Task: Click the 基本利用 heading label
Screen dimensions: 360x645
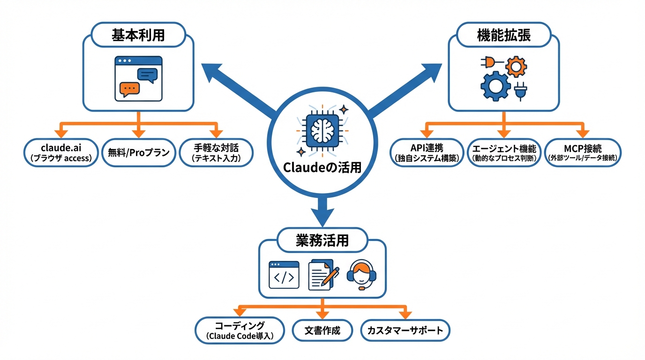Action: pyautogui.click(x=138, y=36)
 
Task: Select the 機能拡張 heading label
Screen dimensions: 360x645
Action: pyautogui.click(x=504, y=36)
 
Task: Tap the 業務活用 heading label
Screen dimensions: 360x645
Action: pyautogui.click(x=322, y=241)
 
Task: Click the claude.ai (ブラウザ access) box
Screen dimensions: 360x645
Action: pyautogui.click(x=61, y=152)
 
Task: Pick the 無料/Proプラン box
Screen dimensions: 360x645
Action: pyautogui.click(x=139, y=152)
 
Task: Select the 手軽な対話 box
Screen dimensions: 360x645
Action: pyautogui.click(x=216, y=152)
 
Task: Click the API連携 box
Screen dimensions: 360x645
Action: pyautogui.click(x=427, y=152)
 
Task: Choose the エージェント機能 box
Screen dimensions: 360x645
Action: pyautogui.click(x=504, y=152)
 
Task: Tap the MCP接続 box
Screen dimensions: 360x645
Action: pyautogui.click(x=584, y=152)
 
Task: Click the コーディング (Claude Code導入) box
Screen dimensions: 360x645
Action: pyautogui.click(x=240, y=330)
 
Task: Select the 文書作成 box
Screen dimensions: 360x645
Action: pyautogui.click(x=322, y=330)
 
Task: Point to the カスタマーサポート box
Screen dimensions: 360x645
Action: pyautogui.click(x=405, y=330)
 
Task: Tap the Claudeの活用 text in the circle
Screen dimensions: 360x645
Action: pyautogui.click(x=322, y=167)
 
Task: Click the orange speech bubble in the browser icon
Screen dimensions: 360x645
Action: pyautogui.click(x=129, y=89)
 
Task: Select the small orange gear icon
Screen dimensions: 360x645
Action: pyautogui.click(x=516, y=67)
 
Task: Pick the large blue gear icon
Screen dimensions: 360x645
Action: pyautogui.click(x=495, y=86)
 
